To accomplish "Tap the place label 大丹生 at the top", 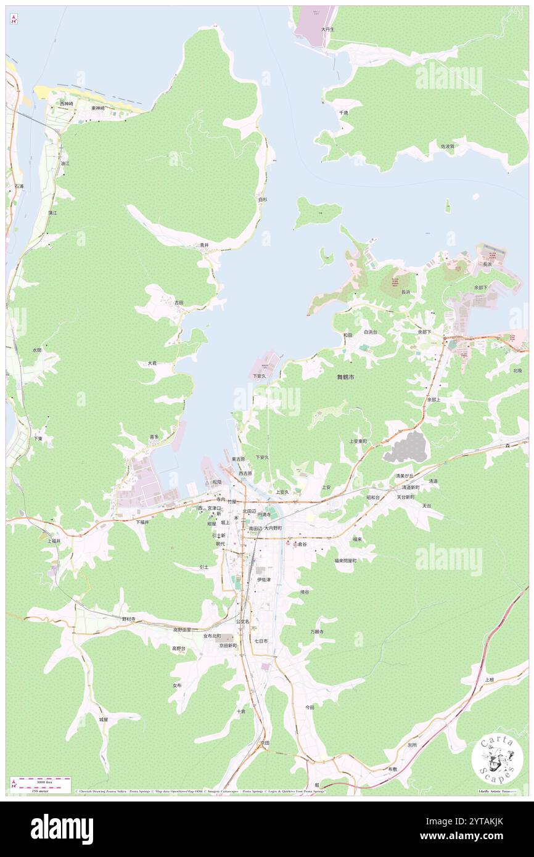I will (327, 29).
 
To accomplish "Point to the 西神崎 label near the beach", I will (66, 104).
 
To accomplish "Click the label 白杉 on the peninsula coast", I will (263, 199).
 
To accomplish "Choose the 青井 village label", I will (204, 245).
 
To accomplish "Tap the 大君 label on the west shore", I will (152, 363).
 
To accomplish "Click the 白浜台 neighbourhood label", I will (370, 332).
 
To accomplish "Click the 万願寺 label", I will (317, 631).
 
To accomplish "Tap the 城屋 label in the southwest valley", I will (104, 719).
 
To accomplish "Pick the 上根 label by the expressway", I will (489, 679).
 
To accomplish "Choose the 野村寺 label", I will (128, 618).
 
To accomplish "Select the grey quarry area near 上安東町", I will (405, 447).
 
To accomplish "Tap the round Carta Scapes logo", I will (497, 760).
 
